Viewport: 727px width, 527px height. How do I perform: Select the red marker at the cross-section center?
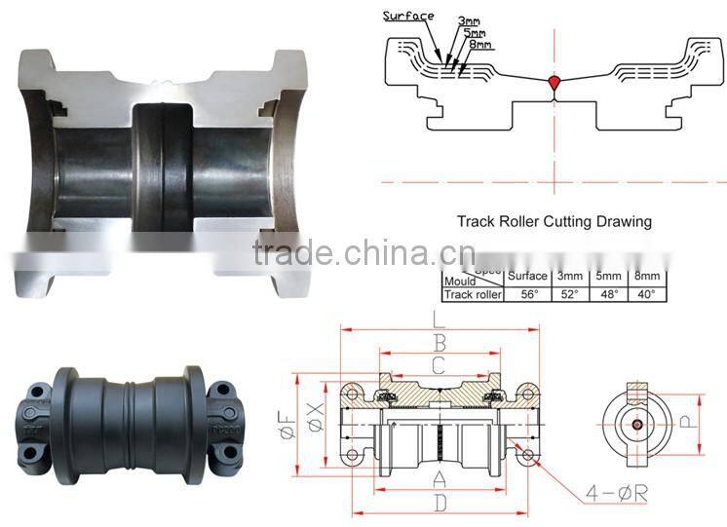click(x=555, y=85)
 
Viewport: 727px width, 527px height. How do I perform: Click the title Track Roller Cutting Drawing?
click(x=554, y=221)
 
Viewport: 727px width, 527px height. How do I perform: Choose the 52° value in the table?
click(x=568, y=293)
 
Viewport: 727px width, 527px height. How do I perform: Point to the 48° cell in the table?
click(x=606, y=293)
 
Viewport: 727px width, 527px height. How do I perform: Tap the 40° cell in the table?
click(x=644, y=293)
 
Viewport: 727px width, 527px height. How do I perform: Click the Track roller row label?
click(x=473, y=293)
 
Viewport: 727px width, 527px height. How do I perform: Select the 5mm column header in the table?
click(x=606, y=277)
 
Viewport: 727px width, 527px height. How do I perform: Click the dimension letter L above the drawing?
click(x=440, y=318)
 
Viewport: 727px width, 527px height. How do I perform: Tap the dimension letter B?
click(x=440, y=343)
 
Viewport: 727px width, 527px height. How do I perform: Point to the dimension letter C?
click(x=439, y=366)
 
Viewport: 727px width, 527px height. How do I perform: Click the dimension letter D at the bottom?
click(x=440, y=503)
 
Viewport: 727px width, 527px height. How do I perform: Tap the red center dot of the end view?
click(x=635, y=424)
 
